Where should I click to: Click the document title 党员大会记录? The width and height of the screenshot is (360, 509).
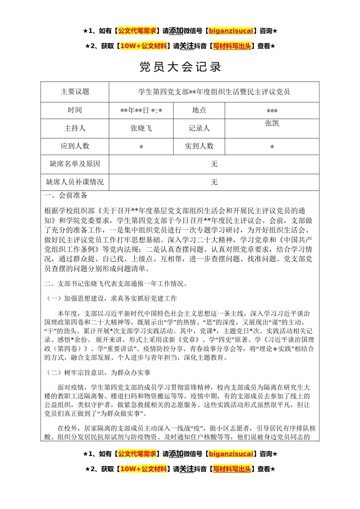pyautogui.click(x=180, y=67)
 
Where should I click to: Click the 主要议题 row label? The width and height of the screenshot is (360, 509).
pyautogui.click(x=75, y=92)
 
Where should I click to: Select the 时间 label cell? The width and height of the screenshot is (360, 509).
pyautogui.click(x=75, y=110)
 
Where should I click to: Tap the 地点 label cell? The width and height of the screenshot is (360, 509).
pyautogui.click(x=199, y=110)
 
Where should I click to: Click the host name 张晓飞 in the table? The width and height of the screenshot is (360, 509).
pyautogui.click(x=141, y=128)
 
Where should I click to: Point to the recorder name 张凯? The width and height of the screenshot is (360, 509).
pyautogui.click(x=272, y=123)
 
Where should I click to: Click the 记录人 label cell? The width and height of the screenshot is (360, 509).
pyautogui.click(x=199, y=128)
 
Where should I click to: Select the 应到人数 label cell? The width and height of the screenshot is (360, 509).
pyautogui.click(x=75, y=146)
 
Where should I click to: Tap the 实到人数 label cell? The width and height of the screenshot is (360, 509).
pyautogui.click(x=199, y=146)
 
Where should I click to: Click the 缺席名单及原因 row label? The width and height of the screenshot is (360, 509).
pyautogui.click(x=75, y=164)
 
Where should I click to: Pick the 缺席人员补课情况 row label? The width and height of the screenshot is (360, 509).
pyautogui.click(x=75, y=182)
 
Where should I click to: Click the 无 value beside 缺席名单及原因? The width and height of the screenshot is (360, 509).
pyautogui.click(x=214, y=164)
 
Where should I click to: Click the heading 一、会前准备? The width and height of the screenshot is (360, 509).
pyautogui.click(x=66, y=195)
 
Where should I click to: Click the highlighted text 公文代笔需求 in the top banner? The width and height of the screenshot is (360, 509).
pyautogui.click(x=137, y=31)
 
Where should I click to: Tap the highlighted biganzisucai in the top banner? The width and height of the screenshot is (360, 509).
pyautogui.click(x=231, y=31)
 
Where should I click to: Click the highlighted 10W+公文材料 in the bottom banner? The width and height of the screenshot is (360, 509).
pyautogui.click(x=143, y=469)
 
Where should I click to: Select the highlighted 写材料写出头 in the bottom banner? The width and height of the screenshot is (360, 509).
pyautogui.click(x=232, y=469)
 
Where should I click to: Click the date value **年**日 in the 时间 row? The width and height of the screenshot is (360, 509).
pyautogui.click(x=141, y=111)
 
